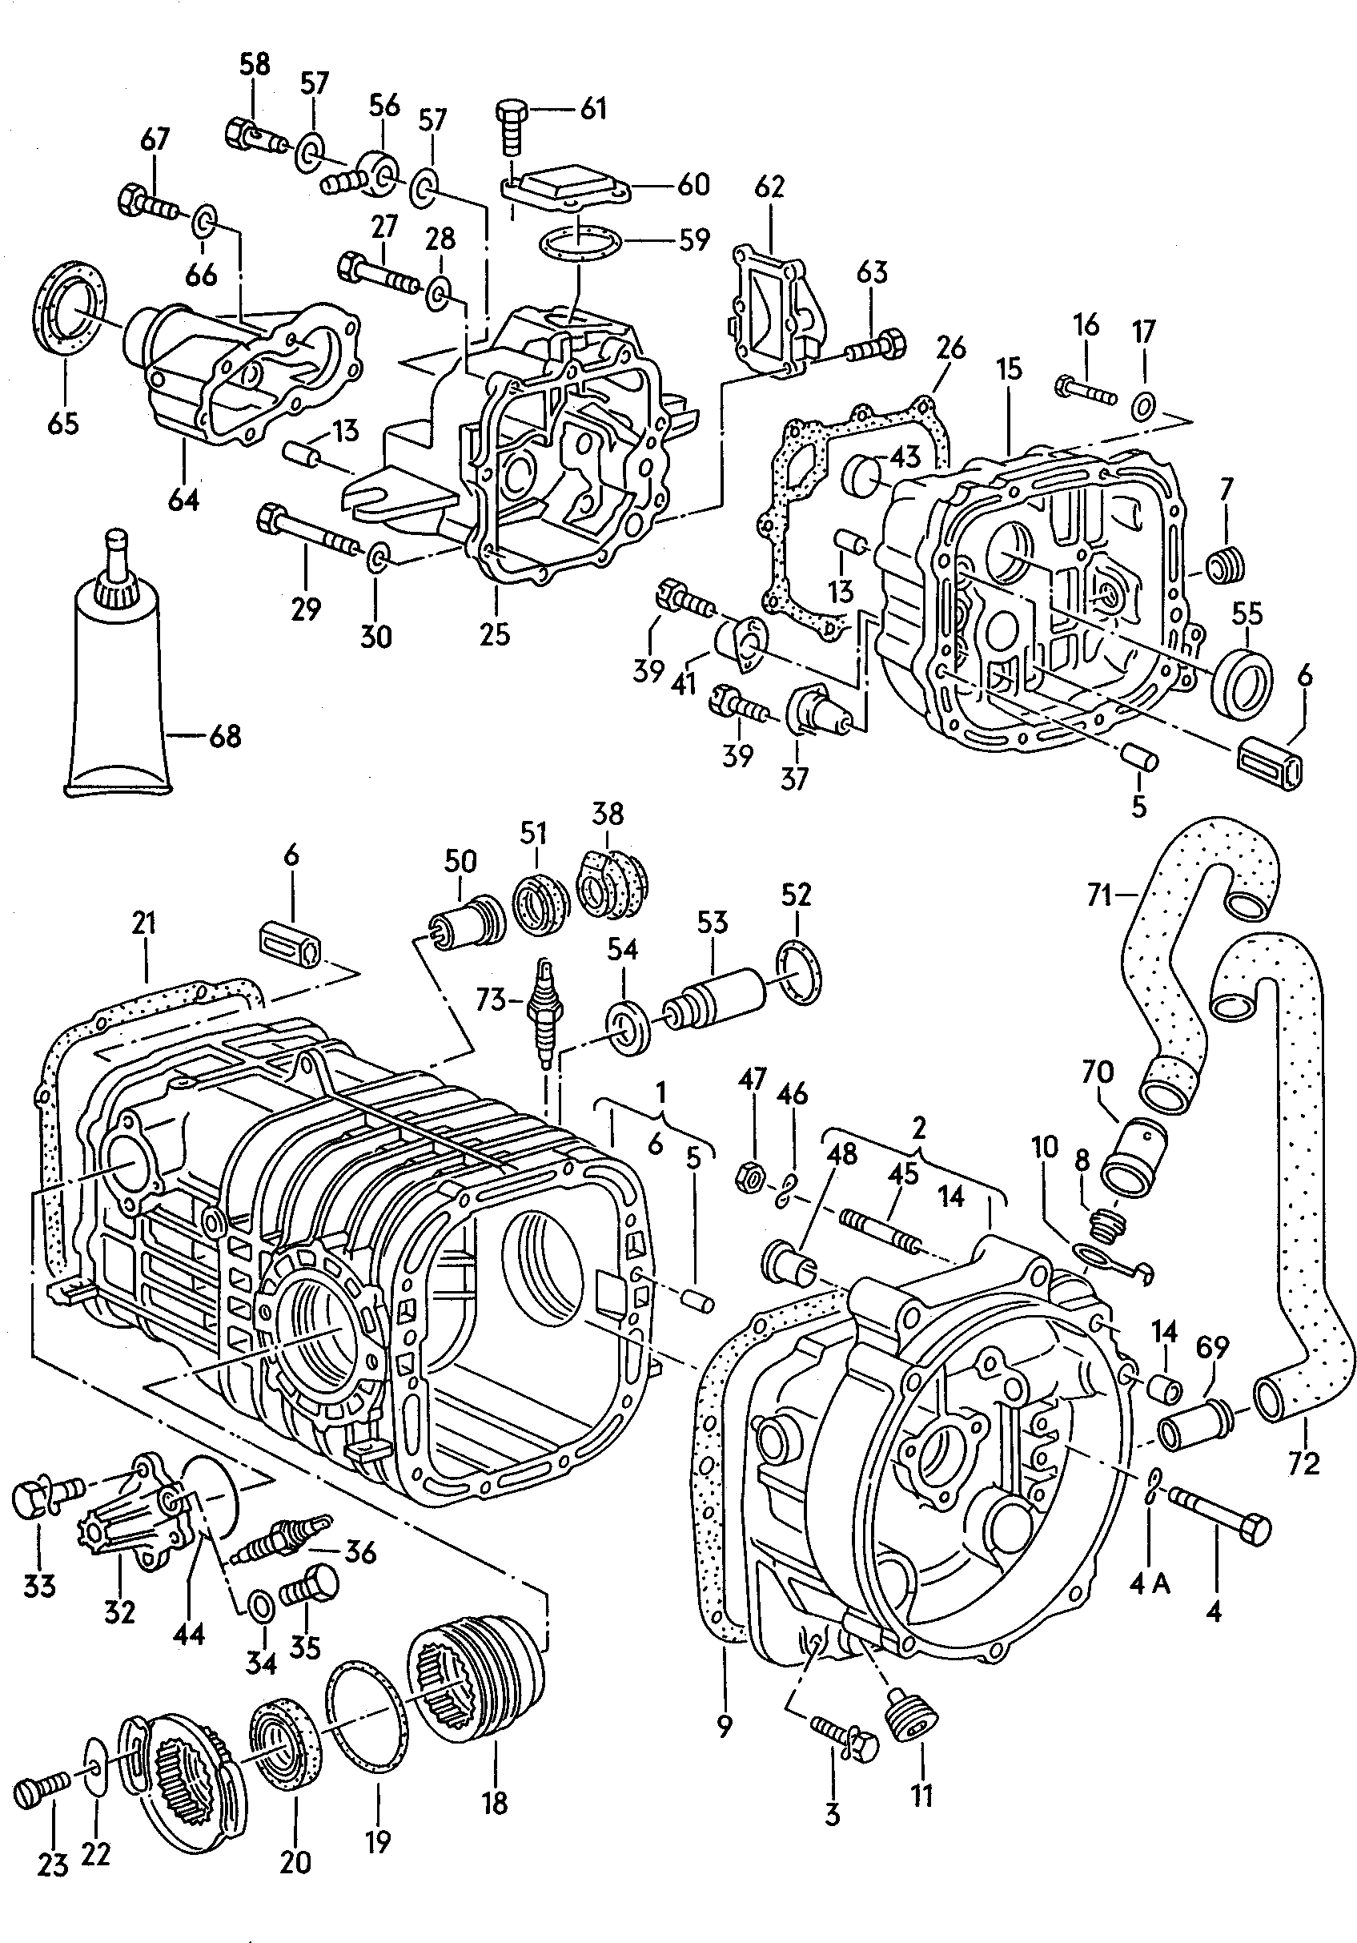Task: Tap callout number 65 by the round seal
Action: (x=62, y=422)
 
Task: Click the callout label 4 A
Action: (x=1148, y=1584)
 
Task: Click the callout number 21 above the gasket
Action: (x=144, y=923)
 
